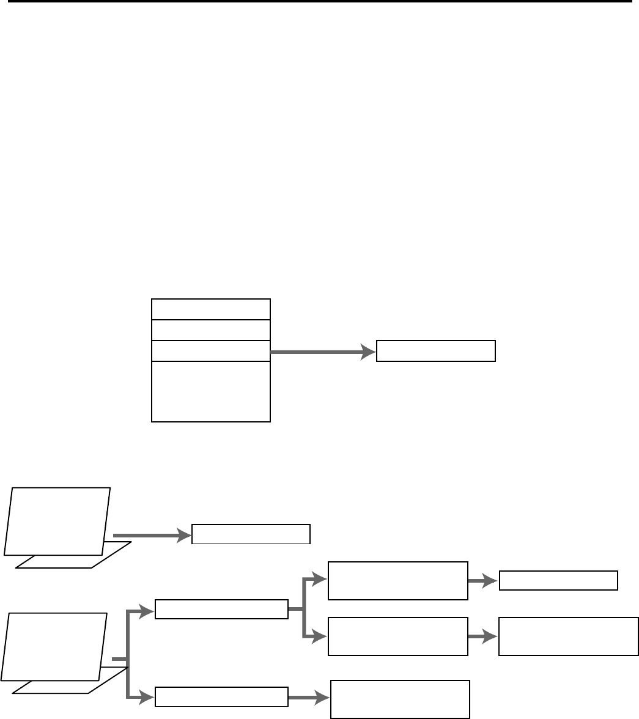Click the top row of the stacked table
click(210, 309)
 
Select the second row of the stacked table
click(210, 330)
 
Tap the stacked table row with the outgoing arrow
click(210, 350)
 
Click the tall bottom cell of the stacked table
click(210, 391)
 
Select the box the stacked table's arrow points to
click(435, 351)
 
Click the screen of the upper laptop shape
click(57, 521)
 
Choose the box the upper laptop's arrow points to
click(251, 534)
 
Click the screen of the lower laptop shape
click(54, 646)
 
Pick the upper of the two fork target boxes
click(398, 580)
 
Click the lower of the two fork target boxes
click(398, 636)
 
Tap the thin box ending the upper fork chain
click(558, 580)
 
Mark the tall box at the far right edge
click(568, 636)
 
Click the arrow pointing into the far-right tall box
click(483, 636)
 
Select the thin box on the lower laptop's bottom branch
click(221, 696)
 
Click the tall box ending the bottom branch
click(400, 699)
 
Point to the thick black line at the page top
click(319, 1)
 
